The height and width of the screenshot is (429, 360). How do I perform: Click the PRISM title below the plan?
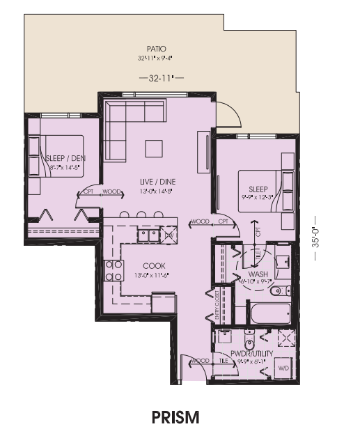pyautogui.click(x=175, y=416)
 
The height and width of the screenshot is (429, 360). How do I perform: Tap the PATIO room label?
pyautogui.click(x=155, y=49)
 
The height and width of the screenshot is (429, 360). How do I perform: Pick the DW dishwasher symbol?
pyautogui.click(x=168, y=236)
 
